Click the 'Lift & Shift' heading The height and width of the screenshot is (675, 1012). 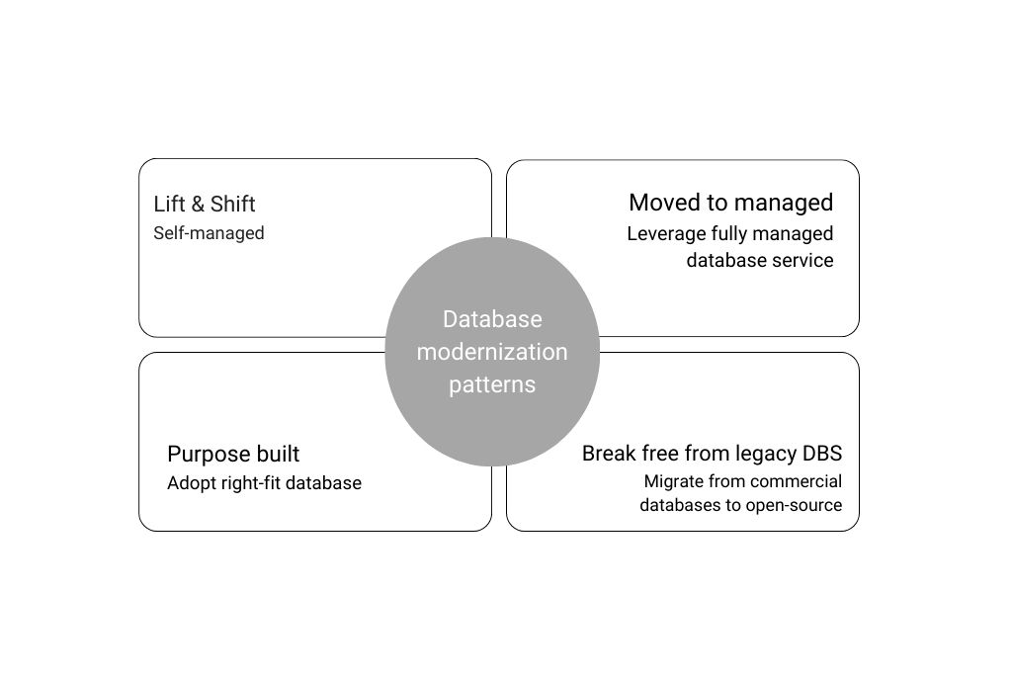(204, 204)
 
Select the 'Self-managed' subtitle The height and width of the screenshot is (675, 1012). (209, 233)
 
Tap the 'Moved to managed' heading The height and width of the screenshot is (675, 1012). (730, 204)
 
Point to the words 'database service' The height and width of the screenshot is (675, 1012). (760, 260)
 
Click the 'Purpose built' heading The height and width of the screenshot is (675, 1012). (233, 455)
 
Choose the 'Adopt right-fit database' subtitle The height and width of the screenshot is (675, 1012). (264, 483)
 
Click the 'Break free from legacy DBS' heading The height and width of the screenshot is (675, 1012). (712, 453)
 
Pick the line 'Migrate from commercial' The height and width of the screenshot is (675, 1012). (743, 481)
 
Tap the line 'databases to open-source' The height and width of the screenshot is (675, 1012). (741, 505)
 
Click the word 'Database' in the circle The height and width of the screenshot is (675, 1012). (492, 319)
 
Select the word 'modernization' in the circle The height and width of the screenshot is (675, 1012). (492, 352)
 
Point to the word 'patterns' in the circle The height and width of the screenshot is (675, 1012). (492, 384)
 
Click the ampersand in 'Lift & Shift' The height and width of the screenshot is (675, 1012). (198, 204)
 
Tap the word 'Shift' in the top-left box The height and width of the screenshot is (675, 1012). (233, 204)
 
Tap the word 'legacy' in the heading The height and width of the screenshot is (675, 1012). (766, 455)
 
